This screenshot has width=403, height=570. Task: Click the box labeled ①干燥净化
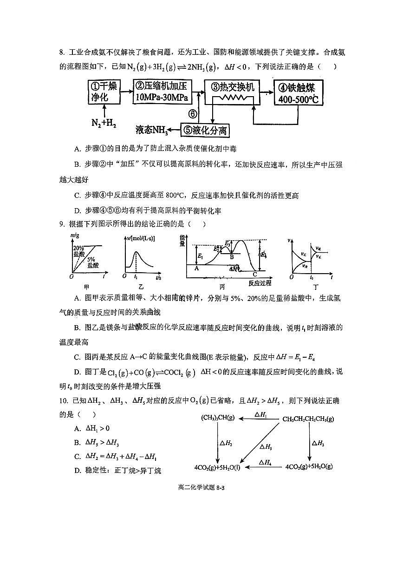click(104, 92)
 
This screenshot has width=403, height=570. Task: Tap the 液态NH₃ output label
click(151, 130)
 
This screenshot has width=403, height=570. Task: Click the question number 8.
click(61, 52)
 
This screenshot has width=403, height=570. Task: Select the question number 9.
click(61, 224)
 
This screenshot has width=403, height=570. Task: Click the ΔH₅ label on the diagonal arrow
click(266, 446)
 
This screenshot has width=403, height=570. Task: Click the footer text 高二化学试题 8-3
click(201, 488)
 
